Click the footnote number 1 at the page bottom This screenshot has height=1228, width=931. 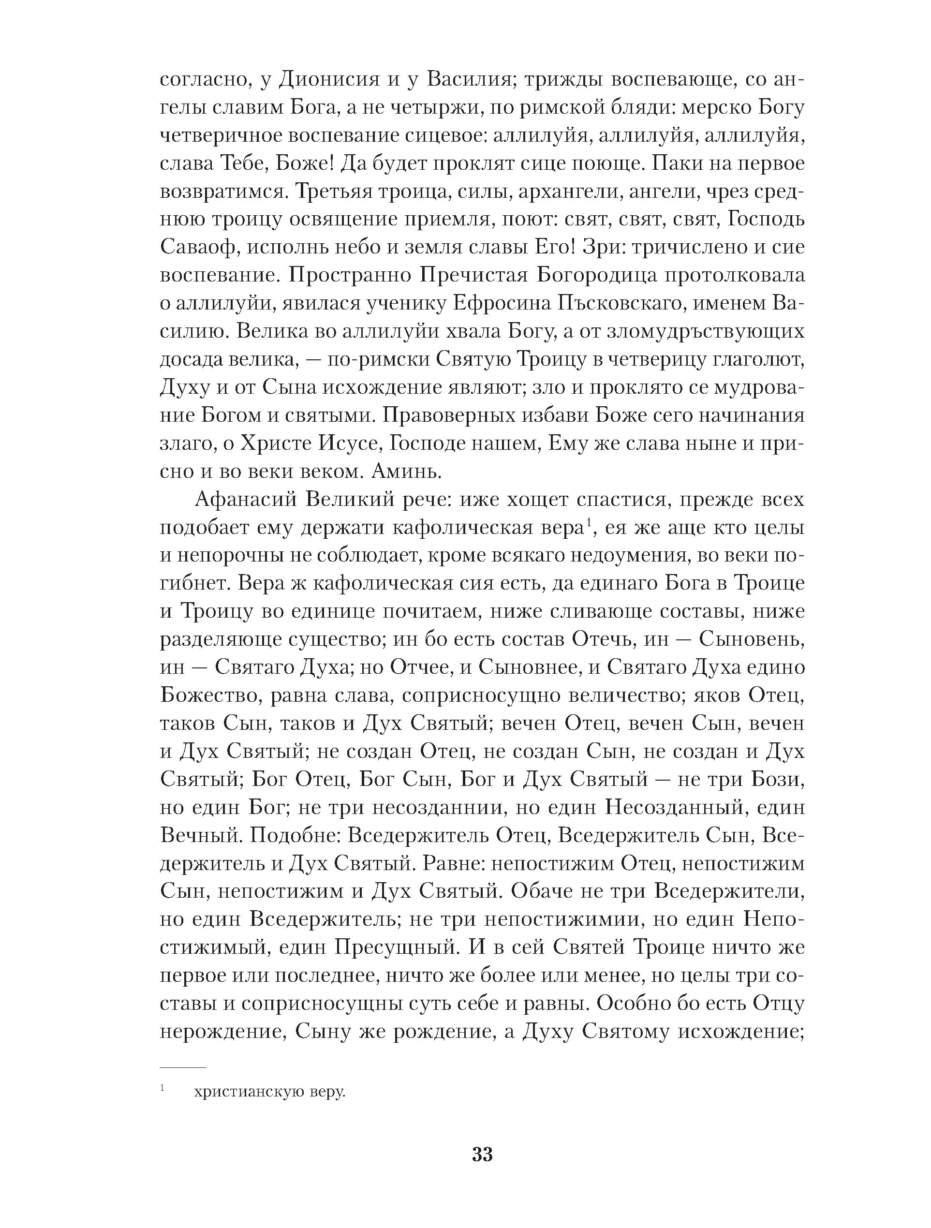(x=162, y=1102)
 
